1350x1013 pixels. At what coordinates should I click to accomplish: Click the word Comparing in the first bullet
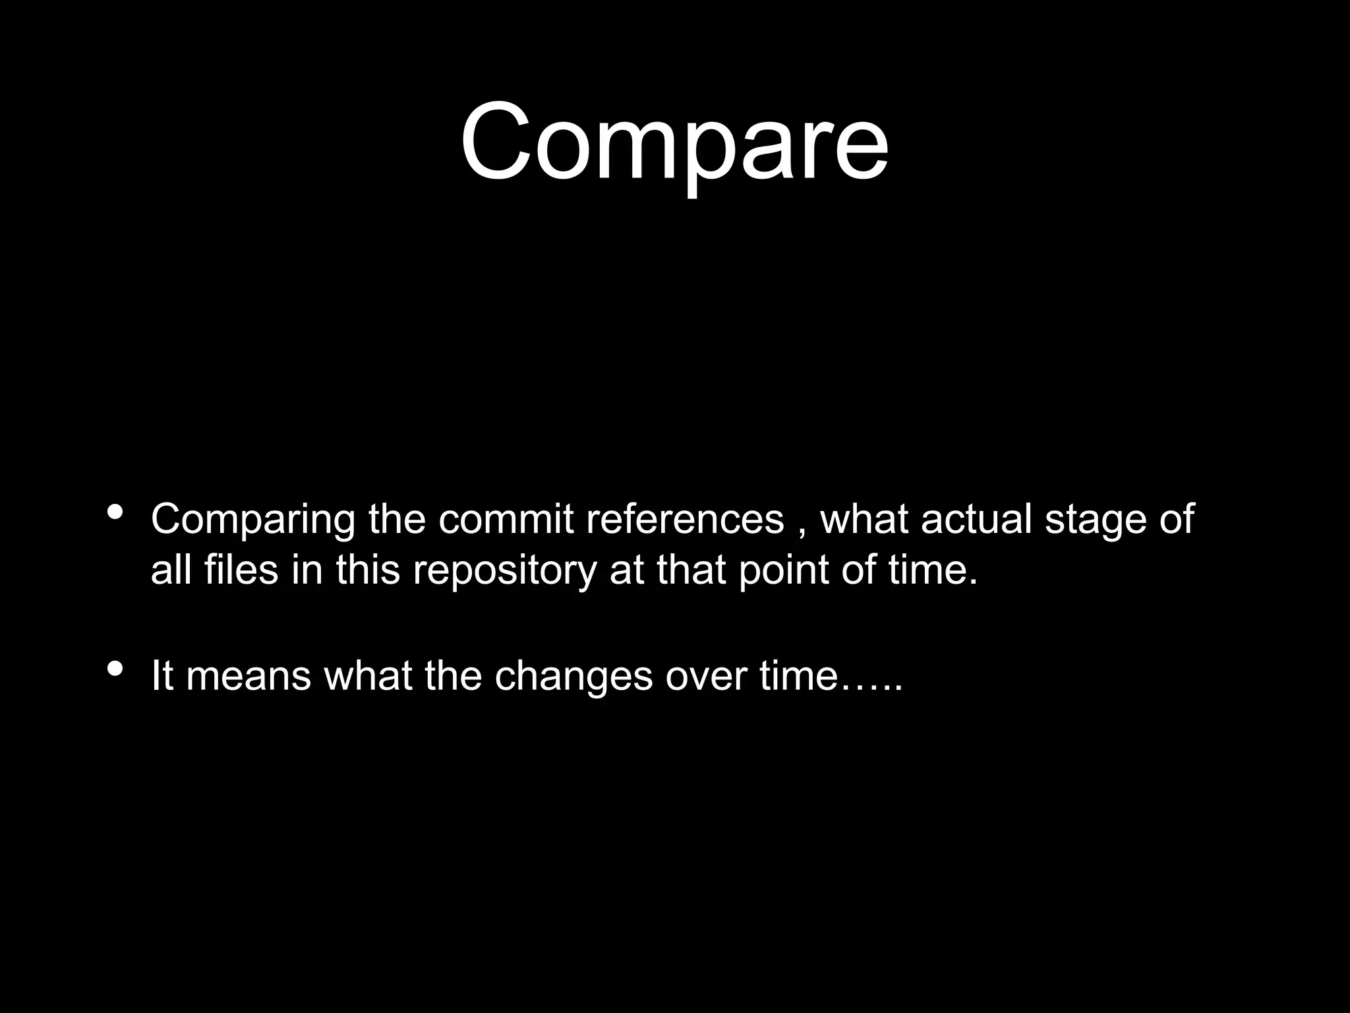[252, 520]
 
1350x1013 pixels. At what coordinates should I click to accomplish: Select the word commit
[506, 519]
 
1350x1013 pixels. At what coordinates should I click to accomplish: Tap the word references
[685, 519]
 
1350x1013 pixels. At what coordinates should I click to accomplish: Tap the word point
[783, 570]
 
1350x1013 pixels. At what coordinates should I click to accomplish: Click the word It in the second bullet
[162, 675]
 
